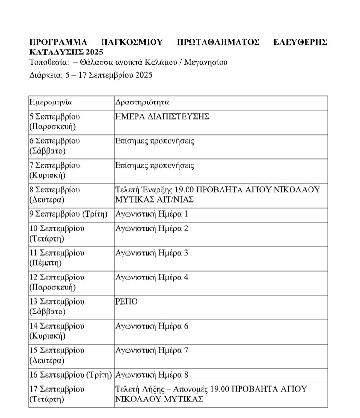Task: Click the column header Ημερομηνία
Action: tap(51, 103)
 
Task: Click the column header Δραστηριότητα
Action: tap(142, 103)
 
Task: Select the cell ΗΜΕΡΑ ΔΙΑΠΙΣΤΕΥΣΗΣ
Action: tap(162, 117)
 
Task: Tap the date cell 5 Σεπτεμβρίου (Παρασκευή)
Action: tap(54, 122)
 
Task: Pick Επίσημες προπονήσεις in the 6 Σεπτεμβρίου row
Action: tap(154, 141)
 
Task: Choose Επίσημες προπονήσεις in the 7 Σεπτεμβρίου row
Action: tap(154, 165)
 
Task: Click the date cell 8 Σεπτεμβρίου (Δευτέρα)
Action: tap(54, 194)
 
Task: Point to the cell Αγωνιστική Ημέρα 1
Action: tap(151, 214)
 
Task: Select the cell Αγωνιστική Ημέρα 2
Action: tap(151, 228)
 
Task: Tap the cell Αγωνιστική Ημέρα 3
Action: tap(151, 253)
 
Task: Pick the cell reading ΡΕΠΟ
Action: tap(126, 301)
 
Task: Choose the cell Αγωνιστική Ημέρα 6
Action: tap(151, 326)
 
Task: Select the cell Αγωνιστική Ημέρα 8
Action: tap(151, 375)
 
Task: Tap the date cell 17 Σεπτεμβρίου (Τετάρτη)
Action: tap(56, 394)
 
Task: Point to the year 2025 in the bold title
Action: tap(95, 52)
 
